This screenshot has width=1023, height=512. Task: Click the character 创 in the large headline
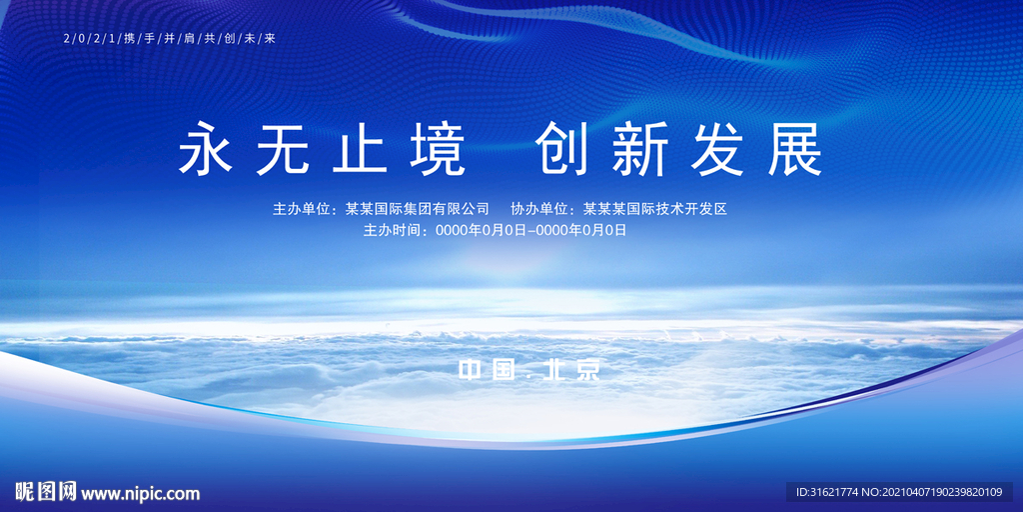(562, 151)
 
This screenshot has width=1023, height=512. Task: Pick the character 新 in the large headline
(641, 151)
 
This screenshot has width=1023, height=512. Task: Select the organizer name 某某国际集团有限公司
(417, 209)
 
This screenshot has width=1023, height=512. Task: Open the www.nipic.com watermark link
(141, 493)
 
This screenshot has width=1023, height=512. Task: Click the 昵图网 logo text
(46, 492)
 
